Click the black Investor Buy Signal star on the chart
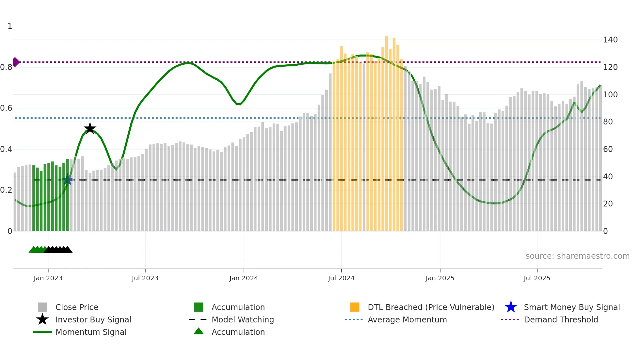tap(90, 128)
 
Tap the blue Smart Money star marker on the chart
tap(68, 180)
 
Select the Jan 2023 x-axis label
tap(48, 278)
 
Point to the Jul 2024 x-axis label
tap(341, 278)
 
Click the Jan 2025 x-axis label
tap(440, 278)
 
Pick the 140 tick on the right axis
tap(610, 40)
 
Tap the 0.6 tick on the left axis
tap(7, 108)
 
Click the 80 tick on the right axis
tap(608, 122)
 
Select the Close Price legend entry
tap(77, 307)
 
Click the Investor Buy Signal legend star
tap(42, 319)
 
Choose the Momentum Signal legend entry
tap(91, 332)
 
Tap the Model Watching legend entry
tap(243, 319)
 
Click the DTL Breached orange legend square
tap(355, 307)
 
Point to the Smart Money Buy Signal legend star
tap(511, 307)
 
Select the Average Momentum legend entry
tap(407, 319)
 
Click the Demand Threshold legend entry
tap(561, 319)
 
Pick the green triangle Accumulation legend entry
tap(199, 332)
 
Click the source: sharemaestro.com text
tap(577, 256)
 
